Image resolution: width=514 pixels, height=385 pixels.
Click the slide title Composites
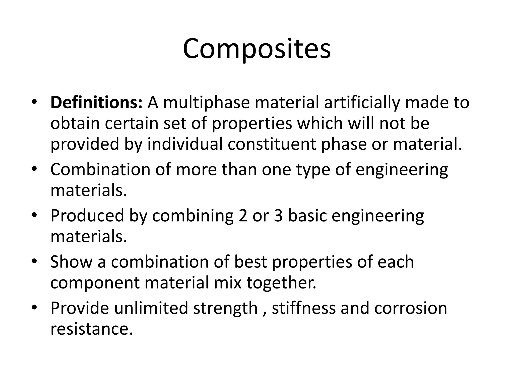pyautogui.click(x=257, y=49)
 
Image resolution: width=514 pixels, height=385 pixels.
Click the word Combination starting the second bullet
pyautogui.click(x=100, y=170)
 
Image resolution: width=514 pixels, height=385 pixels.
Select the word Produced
pyautogui.click(x=87, y=216)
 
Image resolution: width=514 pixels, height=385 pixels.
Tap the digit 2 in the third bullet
pyautogui.click(x=243, y=216)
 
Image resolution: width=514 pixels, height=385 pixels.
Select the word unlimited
pyautogui.click(x=151, y=308)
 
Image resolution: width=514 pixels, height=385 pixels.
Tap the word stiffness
pyautogui.click(x=303, y=308)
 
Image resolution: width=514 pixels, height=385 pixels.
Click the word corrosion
pyautogui.click(x=411, y=308)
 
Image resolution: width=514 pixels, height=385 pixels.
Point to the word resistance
pyautogui.click(x=91, y=329)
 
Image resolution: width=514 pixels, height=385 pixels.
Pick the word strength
pyautogui.click(x=225, y=308)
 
